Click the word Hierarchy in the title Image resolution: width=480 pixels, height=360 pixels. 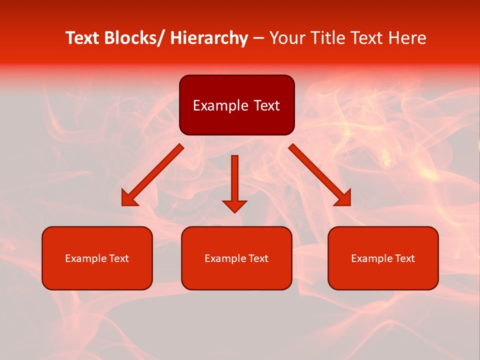[x=209, y=38]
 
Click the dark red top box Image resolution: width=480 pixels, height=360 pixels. [x=236, y=105]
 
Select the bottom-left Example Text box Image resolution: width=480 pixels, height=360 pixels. [x=97, y=258]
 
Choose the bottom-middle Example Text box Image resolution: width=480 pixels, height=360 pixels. [x=236, y=258]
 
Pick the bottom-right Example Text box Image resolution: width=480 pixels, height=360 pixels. [x=383, y=258]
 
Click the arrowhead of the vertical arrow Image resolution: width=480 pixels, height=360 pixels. [x=234, y=205]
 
